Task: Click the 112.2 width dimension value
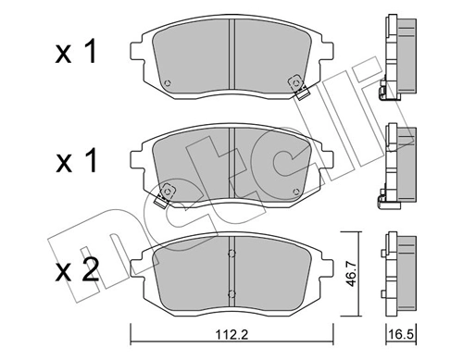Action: click(x=231, y=341)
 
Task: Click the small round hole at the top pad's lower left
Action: click(x=167, y=86)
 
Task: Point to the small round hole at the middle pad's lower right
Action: click(x=295, y=192)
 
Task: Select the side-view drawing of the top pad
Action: click(x=393, y=56)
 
